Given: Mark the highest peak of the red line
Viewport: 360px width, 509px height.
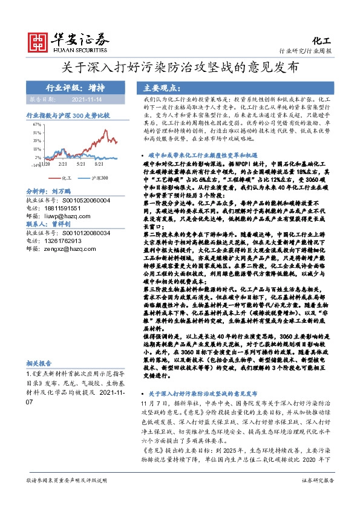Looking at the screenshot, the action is pos(103,129).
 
